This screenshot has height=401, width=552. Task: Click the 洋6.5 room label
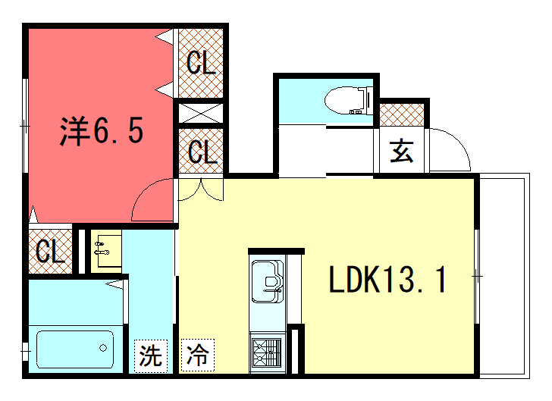coord(102,130)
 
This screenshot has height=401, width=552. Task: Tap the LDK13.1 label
coord(387,280)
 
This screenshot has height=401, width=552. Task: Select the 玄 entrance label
coord(401,151)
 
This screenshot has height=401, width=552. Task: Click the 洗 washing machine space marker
coord(151,356)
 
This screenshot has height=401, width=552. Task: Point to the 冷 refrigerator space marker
coord(197,355)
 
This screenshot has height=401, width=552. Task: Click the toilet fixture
coord(349,100)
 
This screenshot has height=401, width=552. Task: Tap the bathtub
coord(75,349)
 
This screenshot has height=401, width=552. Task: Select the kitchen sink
coord(268,282)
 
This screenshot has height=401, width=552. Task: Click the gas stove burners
coord(268,352)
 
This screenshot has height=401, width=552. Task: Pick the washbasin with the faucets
coord(106,251)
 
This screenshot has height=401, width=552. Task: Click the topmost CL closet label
coord(201,63)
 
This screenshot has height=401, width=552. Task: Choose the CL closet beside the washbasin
coord(50,252)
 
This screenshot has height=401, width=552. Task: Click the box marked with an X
coord(201,114)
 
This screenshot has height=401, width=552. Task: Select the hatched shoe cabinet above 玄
coord(402,115)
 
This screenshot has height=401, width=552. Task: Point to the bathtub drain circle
coord(103,348)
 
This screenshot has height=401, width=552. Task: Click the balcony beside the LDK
coord(504,276)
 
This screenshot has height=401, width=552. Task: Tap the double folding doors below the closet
coord(201,190)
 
